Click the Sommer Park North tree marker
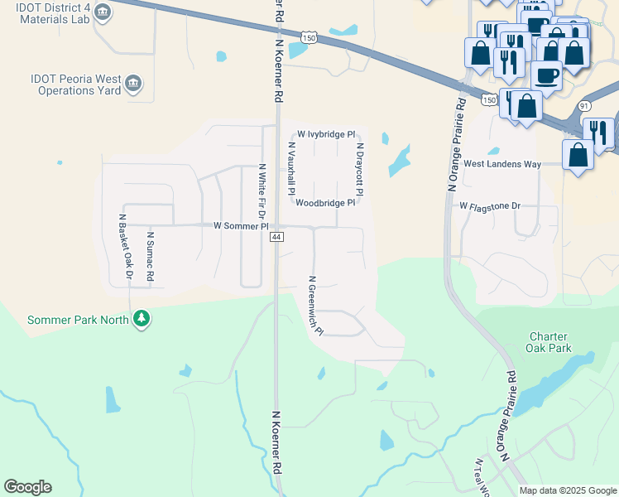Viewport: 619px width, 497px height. point(142,318)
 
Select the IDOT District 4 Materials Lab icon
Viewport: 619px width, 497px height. point(103,12)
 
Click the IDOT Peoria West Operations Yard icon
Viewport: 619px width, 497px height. point(133,83)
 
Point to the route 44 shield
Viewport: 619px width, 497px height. point(276,237)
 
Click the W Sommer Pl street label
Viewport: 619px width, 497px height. point(242,225)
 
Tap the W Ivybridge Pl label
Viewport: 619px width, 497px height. point(326,133)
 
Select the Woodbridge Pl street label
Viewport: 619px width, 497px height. point(325,202)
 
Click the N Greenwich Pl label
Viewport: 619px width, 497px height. point(314,306)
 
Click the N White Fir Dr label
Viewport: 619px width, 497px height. point(262,190)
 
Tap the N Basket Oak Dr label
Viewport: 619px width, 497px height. point(126,247)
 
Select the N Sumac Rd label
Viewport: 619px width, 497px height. point(151,257)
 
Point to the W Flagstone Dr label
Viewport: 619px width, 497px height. point(490,205)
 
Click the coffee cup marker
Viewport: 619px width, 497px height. point(545,75)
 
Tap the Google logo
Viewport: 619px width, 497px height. point(27,487)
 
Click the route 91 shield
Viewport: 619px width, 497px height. point(584,106)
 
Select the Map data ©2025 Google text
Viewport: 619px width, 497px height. point(567,490)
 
